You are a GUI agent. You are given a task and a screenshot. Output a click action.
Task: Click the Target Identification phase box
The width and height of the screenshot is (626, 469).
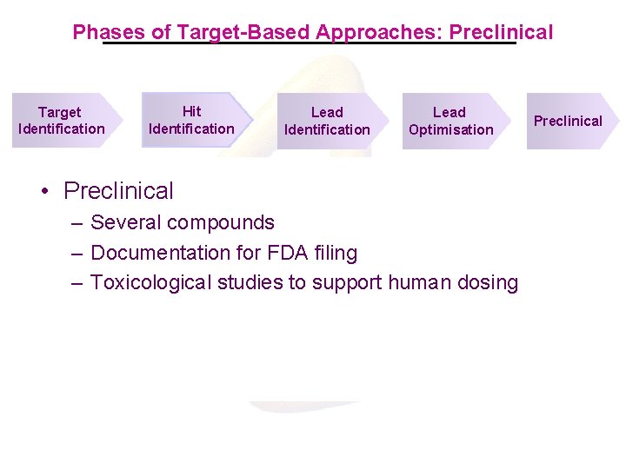62,121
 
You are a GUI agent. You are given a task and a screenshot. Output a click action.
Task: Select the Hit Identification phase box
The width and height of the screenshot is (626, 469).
192,120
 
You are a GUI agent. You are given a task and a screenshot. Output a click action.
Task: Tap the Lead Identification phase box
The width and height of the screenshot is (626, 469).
328,121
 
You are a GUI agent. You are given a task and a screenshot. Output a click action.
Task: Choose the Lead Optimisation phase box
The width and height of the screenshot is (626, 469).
450,121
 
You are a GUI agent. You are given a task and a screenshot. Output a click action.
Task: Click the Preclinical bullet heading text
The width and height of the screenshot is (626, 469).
118,190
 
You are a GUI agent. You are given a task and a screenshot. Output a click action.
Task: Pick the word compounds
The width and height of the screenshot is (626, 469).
223,222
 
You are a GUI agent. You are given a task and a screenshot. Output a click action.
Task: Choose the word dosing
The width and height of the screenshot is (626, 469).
489,282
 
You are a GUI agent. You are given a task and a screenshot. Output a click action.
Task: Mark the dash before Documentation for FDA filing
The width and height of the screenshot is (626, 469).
78,253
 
